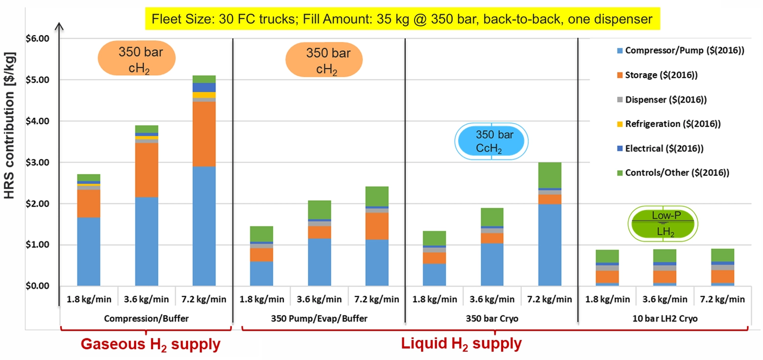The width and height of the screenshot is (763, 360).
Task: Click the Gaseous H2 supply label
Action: pos(150,344)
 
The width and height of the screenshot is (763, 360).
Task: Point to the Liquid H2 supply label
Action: pos(461,343)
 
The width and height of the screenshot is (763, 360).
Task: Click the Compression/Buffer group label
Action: pos(146,319)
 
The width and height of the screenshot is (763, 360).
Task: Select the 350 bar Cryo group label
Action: pos(492,319)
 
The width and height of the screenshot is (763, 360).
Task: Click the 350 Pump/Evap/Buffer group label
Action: pos(319,319)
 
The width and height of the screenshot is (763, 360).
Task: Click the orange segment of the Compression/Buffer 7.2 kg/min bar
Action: pos(204,134)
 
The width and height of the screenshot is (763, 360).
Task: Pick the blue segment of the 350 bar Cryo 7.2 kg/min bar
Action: pos(550,245)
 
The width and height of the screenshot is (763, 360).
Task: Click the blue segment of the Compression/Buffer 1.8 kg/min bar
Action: pos(89,251)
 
